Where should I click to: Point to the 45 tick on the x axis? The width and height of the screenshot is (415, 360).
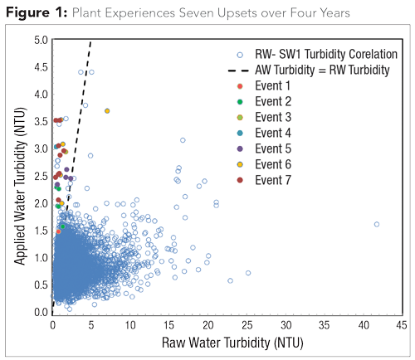[400, 325]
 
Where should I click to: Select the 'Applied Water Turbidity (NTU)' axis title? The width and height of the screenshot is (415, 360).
[17, 175]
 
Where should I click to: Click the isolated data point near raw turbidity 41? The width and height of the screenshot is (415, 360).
[376, 224]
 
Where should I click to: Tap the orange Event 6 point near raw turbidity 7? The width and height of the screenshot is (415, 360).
[107, 111]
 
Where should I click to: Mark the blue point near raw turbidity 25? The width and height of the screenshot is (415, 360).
[247, 273]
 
